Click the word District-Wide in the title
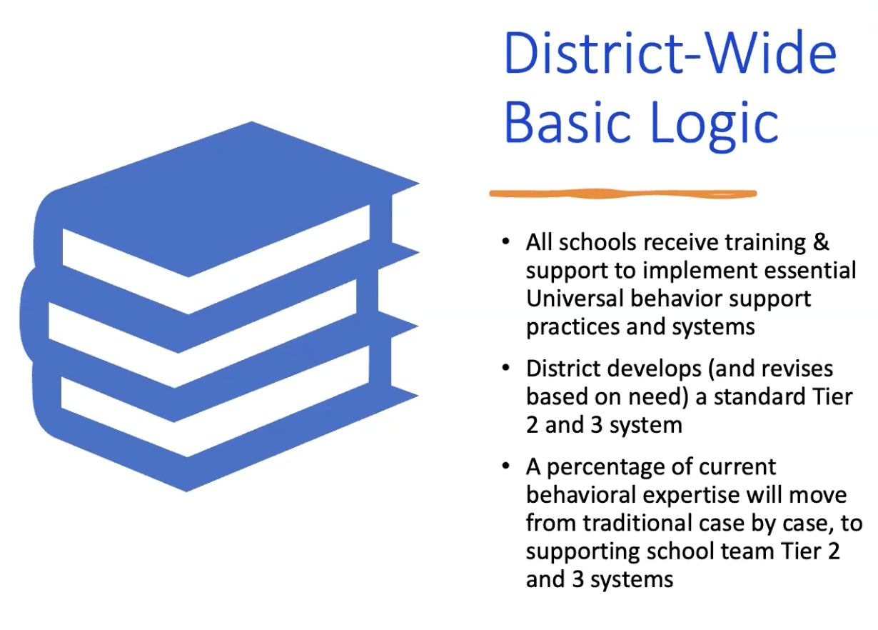click(x=670, y=53)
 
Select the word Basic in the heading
click(x=567, y=121)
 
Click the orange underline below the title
click(x=623, y=194)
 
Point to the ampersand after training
click(x=821, y=242)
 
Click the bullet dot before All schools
click(x=505, y=241)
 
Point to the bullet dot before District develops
click(x=505, y=368)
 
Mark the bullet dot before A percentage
click(x=505, y=466)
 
